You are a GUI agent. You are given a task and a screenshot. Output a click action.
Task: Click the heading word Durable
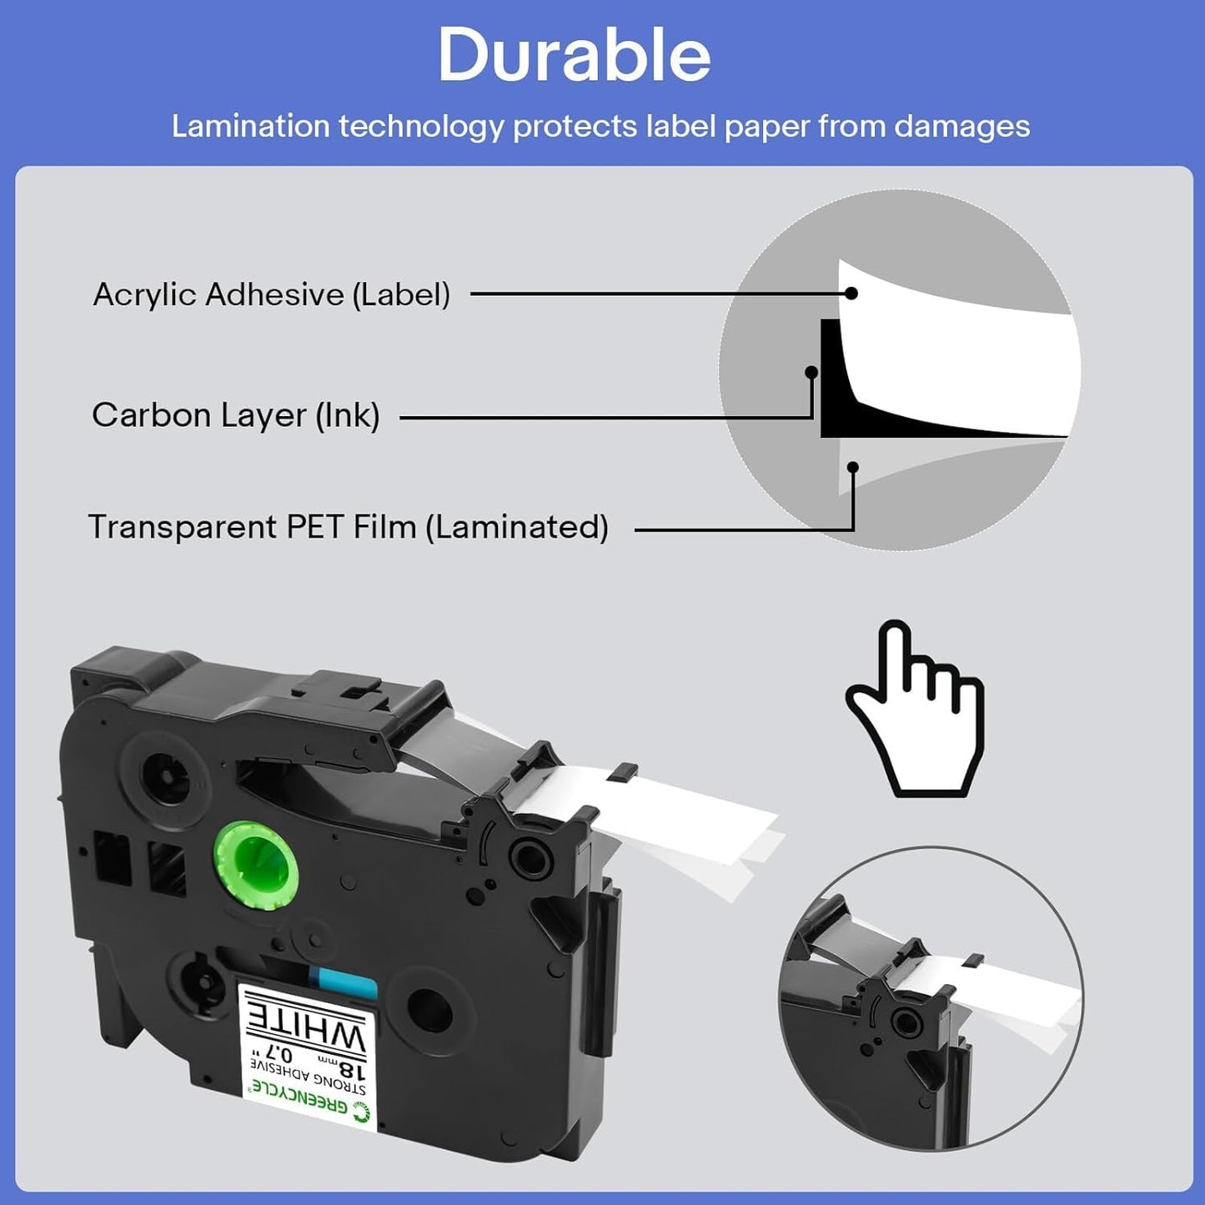(x=574, y=55)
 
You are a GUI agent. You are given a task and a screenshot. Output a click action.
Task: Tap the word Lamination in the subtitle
(x=251, y=126)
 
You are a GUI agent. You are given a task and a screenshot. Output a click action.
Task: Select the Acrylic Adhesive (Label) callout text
(x=271, y=294)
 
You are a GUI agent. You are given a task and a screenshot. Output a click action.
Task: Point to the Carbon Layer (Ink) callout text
(x=236, y=414)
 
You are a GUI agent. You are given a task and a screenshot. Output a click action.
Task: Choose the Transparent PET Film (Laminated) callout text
(x=349, y=526)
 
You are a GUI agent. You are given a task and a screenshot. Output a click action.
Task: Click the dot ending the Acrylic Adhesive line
(x=851, y=293)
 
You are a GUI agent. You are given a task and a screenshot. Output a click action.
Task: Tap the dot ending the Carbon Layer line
(x=811, y=373)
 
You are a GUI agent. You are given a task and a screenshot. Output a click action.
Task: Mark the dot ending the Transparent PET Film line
(x=852, y=466)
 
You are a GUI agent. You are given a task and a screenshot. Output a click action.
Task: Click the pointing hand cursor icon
(x=914, y=709)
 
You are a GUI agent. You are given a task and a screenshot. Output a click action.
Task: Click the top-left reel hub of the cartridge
(x=165, y=778)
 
